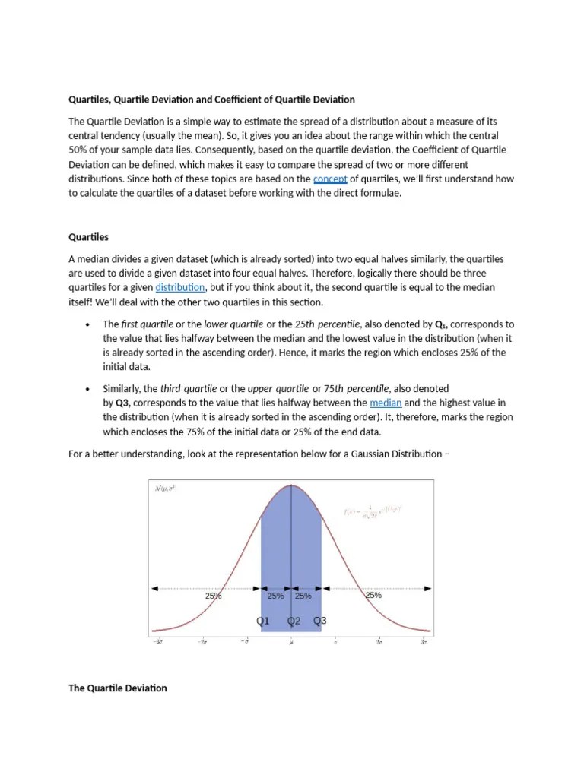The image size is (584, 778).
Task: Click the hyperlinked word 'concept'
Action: click(330, 179)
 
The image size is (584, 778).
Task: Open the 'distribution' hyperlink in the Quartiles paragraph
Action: click(180, 288)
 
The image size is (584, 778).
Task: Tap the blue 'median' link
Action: click(386, 403)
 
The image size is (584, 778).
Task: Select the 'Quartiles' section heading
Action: click(88, 237)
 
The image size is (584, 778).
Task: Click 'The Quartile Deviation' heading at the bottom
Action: click(118, 688)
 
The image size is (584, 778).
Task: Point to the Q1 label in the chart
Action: click(263, 621)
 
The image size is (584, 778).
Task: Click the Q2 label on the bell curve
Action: click(294, 621)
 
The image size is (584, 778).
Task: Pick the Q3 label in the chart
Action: click(320, 621)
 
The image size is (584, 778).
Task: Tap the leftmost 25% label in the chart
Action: click(213, 596)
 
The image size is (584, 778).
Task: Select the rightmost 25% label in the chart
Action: click(373, 596)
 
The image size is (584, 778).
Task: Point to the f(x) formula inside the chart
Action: click(373, 511)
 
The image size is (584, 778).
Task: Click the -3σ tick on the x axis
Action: click(158, 642)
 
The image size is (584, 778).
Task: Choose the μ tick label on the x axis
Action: click(291, 643)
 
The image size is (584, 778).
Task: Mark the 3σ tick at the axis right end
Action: click(424, 642)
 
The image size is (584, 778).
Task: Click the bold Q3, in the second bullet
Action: click(125, 403)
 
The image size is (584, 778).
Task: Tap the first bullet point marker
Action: click(88, 324)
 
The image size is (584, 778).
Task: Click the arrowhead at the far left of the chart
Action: click(154, 588)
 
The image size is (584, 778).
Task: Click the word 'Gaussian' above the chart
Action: click(376, 454)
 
